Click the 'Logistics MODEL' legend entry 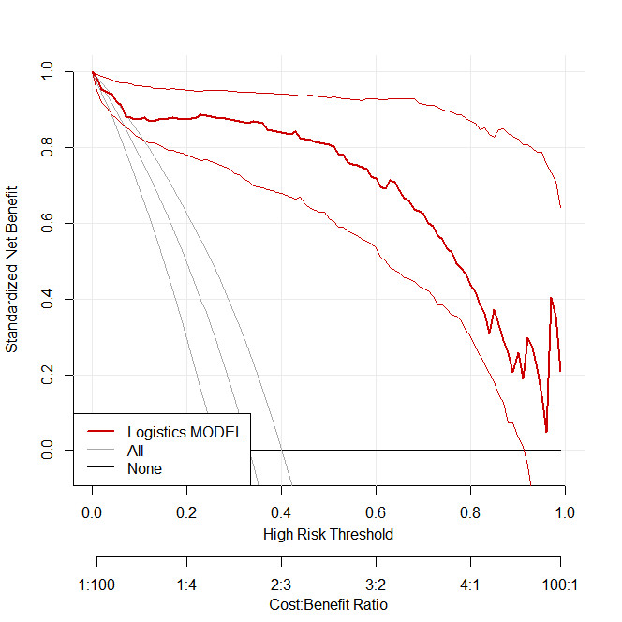click(185, 432)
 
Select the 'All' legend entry click(136, 451)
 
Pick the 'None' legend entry click(144, 468)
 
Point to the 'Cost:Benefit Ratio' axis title click(327, 604)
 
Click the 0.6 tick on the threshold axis click(374, 513)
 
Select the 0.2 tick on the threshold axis click(185, 513)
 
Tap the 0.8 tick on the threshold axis click(468, 513)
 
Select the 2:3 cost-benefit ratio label click(280, 585)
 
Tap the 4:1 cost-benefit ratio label click(468, 585)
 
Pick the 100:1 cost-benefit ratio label click(560, 585)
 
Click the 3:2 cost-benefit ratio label click(374, 585)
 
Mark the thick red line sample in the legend click(102, 432)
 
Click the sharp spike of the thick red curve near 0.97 click(551, 298)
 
